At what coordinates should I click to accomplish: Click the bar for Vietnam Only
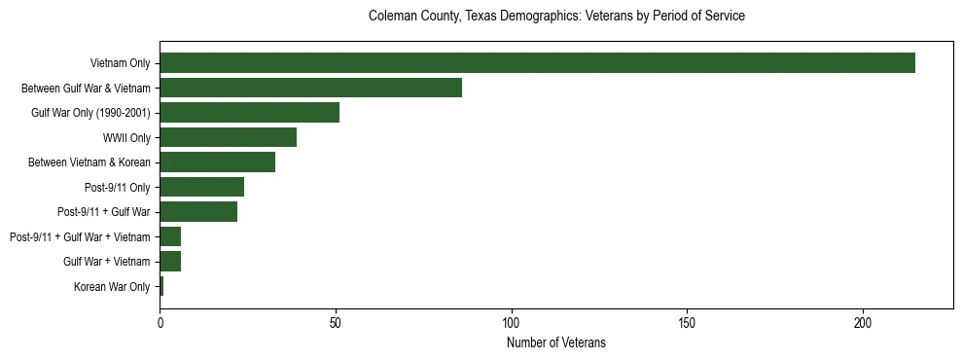537,63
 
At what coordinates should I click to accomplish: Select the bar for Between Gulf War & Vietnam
310,88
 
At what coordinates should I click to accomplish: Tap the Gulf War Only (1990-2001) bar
249,113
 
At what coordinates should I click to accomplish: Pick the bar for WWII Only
228,137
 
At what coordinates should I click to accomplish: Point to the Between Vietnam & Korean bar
217,162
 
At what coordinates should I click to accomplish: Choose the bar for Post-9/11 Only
201,187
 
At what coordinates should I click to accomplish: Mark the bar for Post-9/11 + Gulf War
198,212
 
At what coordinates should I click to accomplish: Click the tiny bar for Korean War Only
161,286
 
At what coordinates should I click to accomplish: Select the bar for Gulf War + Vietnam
170,262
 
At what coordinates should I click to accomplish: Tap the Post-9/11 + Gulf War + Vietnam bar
170,236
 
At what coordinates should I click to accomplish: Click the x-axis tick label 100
512,322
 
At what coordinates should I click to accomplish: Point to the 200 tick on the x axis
863,322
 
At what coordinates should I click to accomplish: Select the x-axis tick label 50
336,322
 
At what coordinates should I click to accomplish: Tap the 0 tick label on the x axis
160,322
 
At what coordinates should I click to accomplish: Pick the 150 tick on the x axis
687,322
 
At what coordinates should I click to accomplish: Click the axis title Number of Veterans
556,342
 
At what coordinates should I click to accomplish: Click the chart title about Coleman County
556,17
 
